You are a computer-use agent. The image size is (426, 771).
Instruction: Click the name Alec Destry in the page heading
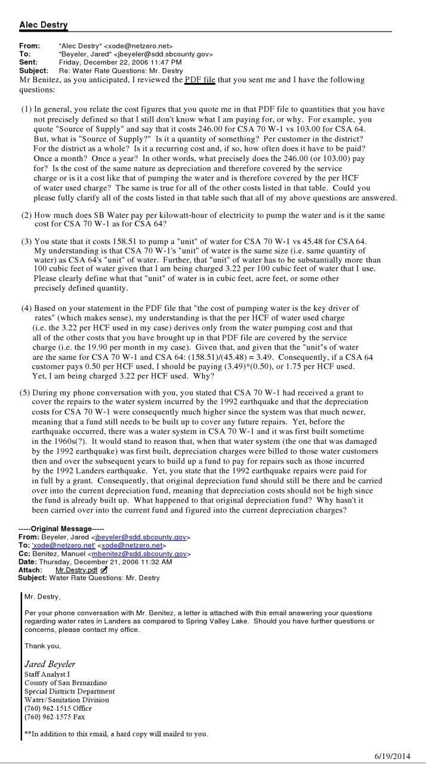click(x=44, y=24)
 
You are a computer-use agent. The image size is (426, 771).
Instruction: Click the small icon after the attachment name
click(x=104, y=570)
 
